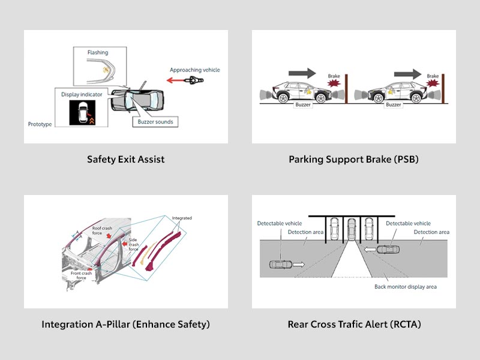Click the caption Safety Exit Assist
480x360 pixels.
point(125,160)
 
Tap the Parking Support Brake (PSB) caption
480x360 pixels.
point(354,160)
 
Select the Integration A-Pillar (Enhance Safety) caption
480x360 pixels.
point(125,325)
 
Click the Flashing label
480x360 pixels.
point(97,52)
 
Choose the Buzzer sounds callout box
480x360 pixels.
point(154,121)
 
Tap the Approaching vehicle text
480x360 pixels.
point(194,70)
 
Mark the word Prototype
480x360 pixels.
point(40,124)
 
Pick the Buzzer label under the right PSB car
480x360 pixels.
point(393,105)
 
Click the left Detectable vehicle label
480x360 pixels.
point(280,224)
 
